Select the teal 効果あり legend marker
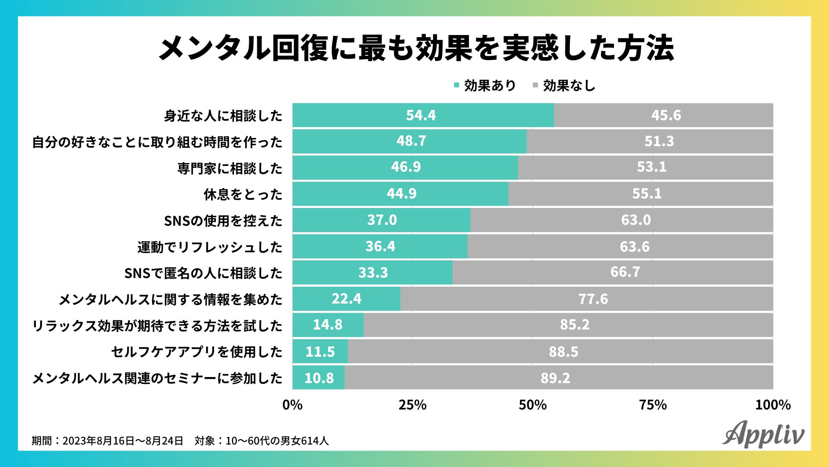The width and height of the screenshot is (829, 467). point(456,86)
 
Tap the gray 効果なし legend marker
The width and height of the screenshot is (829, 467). point(535,86)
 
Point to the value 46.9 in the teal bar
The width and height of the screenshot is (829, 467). point(406,167)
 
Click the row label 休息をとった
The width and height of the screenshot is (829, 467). point(243,194)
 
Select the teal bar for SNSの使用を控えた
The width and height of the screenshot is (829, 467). point(381,220)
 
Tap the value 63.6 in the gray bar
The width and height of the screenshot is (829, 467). point(634,247)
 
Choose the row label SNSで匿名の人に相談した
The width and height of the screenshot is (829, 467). point(203,273)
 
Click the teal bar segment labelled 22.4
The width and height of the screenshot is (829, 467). point(346,299)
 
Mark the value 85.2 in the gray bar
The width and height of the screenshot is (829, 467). point(575,325)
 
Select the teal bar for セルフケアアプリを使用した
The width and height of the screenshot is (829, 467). point(320,352)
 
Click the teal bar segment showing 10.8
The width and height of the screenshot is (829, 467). point(319,378)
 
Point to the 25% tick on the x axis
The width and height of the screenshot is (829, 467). point(412,405)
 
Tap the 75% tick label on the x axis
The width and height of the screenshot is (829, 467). point(653,405)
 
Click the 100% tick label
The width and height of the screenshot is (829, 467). point(773,405)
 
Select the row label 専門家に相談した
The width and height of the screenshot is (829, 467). point(230,168)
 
